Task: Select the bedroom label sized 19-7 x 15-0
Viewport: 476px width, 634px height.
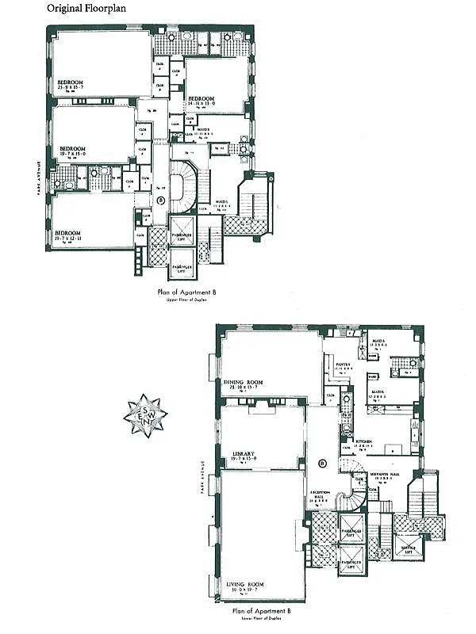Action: tap(72, 148)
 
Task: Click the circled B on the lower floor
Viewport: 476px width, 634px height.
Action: tap(323, 463)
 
